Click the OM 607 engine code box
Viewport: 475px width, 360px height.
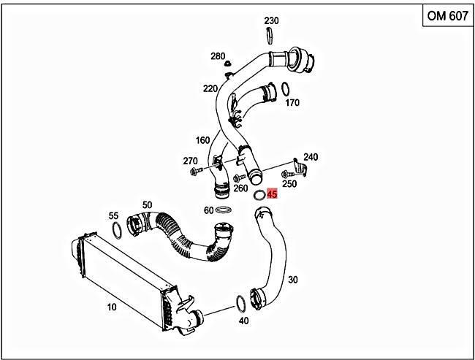click(448, 16)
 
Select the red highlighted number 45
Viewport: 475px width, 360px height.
click(272, 194)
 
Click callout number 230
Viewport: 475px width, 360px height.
click(271, 20)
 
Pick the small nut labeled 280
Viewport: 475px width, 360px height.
click(227, 64)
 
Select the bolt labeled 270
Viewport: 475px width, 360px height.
click(196, 172)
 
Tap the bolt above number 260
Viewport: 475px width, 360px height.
click(239, 177)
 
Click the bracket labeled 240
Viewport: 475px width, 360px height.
click(300, 168)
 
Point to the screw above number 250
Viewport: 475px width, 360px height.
click(287, 174)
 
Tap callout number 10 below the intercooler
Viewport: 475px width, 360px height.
click(112, 307)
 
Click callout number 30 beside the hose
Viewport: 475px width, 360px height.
click(292, 280)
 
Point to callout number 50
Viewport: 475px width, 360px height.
click(147, 205)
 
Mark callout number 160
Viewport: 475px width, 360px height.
click(202, 140)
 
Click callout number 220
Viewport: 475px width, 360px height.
click(210, 88)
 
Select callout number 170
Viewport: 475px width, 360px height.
click(292, 103)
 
